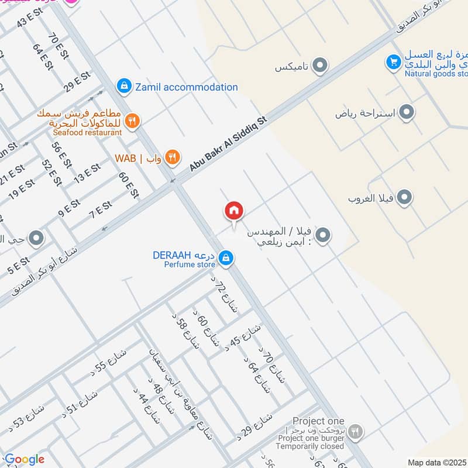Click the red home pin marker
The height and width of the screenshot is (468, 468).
(234, 211)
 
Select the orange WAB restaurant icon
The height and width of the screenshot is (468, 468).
(171, 156)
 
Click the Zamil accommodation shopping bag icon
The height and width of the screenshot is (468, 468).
(123, 87)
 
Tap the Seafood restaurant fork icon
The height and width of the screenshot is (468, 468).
(133, 120)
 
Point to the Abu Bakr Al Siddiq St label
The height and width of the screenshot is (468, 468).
(228, 144)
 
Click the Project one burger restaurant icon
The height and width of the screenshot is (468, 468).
(355, 432)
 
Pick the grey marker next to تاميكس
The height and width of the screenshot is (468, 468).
(319, 66)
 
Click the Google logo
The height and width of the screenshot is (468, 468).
(24, 459)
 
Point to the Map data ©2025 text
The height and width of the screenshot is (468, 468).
(437, 462)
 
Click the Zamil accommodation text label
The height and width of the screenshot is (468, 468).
(187, 87)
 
